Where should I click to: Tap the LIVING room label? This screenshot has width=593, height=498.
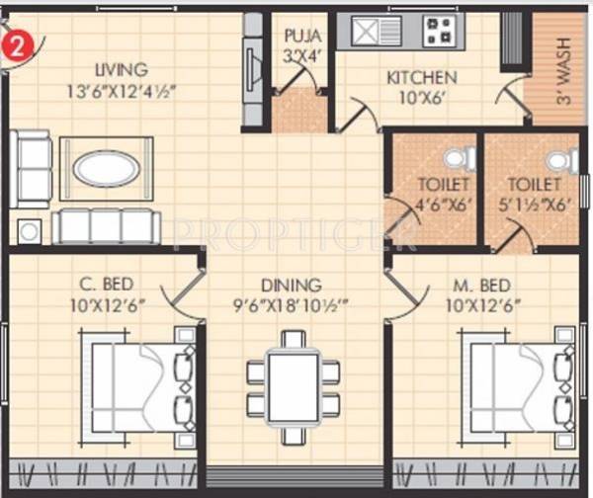(122, 70)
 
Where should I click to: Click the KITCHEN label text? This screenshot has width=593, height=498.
(421, 77)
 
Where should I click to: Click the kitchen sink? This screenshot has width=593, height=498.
(371, 32)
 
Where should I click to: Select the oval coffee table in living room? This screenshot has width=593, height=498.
(107, 168)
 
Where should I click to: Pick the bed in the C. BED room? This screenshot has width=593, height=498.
(135, 382)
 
